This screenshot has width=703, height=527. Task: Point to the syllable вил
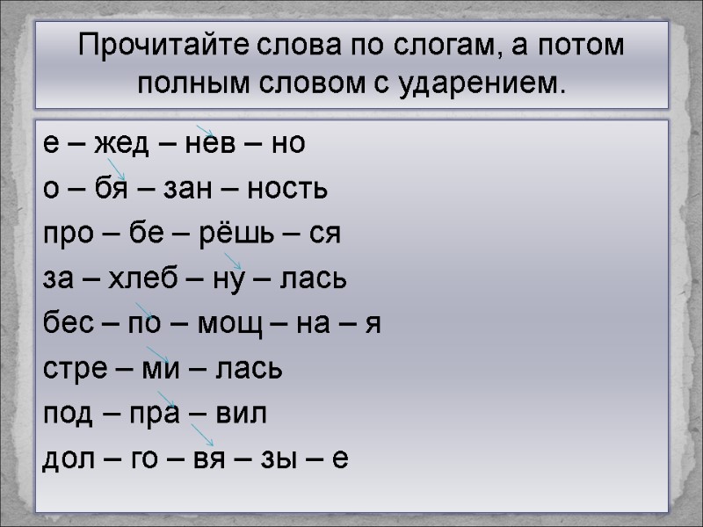240,415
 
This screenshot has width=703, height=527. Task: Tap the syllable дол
69,459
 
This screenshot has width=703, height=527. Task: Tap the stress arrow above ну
232,260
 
